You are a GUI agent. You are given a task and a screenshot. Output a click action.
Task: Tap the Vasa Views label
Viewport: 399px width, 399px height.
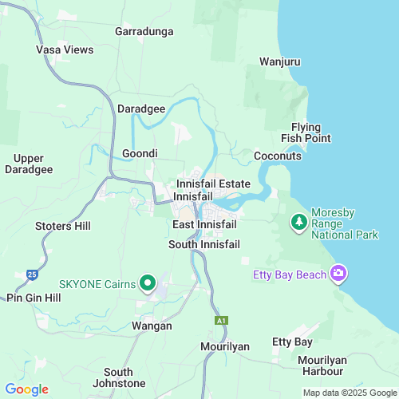tap(65, 49)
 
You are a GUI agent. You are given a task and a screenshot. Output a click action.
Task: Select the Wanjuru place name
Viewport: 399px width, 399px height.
tap(279, 61)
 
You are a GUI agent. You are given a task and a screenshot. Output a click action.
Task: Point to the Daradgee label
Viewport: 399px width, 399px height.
tap(141, 108)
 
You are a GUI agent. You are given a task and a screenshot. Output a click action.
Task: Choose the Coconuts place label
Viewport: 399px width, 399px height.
tap(278, 156)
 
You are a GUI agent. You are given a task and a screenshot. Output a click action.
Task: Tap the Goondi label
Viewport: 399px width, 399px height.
tap(140, 153)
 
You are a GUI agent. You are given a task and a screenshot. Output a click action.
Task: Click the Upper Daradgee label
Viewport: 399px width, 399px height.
tap(29, 164)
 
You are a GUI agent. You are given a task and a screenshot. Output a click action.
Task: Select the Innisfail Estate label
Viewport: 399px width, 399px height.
tap(213, 184)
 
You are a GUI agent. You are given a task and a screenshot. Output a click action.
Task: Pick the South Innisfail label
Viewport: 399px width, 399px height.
tap(203, 244)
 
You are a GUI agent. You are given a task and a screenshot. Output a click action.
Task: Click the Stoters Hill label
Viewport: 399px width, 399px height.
tap(63, 226)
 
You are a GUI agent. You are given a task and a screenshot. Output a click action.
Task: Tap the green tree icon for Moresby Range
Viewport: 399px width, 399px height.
tap(298, 221)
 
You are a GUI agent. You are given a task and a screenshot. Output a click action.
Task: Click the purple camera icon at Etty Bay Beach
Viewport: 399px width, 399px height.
tap(339, 275)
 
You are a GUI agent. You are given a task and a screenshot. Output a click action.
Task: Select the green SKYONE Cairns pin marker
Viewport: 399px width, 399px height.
tap(148, 283)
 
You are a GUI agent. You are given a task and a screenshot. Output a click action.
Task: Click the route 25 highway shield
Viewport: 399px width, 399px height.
tap(31, 274)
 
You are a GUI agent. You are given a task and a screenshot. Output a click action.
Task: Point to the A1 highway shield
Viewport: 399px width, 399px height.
tap(220, 321)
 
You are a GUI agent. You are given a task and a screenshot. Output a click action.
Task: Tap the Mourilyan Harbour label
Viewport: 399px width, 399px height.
tap(322, 365)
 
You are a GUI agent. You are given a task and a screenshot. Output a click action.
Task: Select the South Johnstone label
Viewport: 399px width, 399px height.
tap(118, 377)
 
